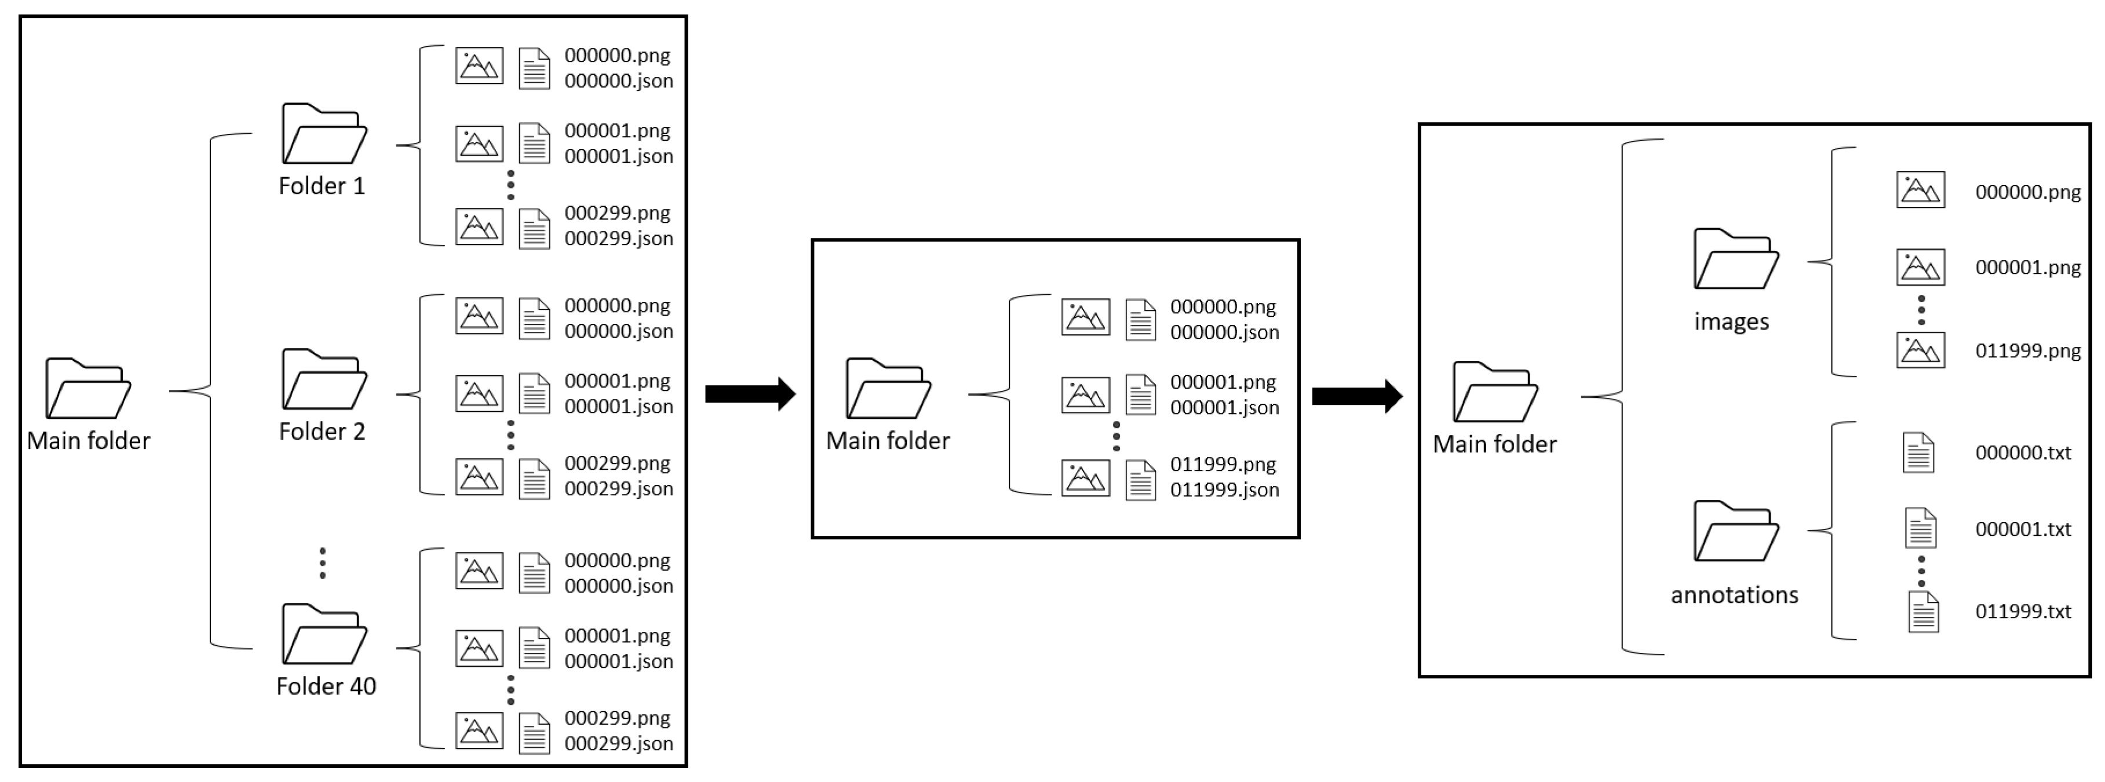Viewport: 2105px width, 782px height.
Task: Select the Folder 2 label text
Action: pos(322,432)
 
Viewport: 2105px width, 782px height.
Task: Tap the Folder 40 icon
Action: pos(323,634)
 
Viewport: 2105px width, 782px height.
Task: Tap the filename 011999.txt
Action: pos(2023,611)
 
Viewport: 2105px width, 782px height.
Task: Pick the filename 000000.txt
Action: pos(2023,453)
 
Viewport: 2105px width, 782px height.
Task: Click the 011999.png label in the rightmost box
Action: pos(2027,350)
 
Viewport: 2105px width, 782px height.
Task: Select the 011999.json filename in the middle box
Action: pos(1224,489)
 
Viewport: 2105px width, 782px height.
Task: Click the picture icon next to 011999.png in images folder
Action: pos(1920,350)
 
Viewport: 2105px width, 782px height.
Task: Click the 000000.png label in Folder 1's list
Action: pos(617,56)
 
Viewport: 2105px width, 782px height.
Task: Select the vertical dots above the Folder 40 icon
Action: pos(323,563)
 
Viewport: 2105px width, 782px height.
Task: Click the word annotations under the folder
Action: pos(1734,595)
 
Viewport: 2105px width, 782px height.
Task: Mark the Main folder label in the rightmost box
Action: pos(1494,444)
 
